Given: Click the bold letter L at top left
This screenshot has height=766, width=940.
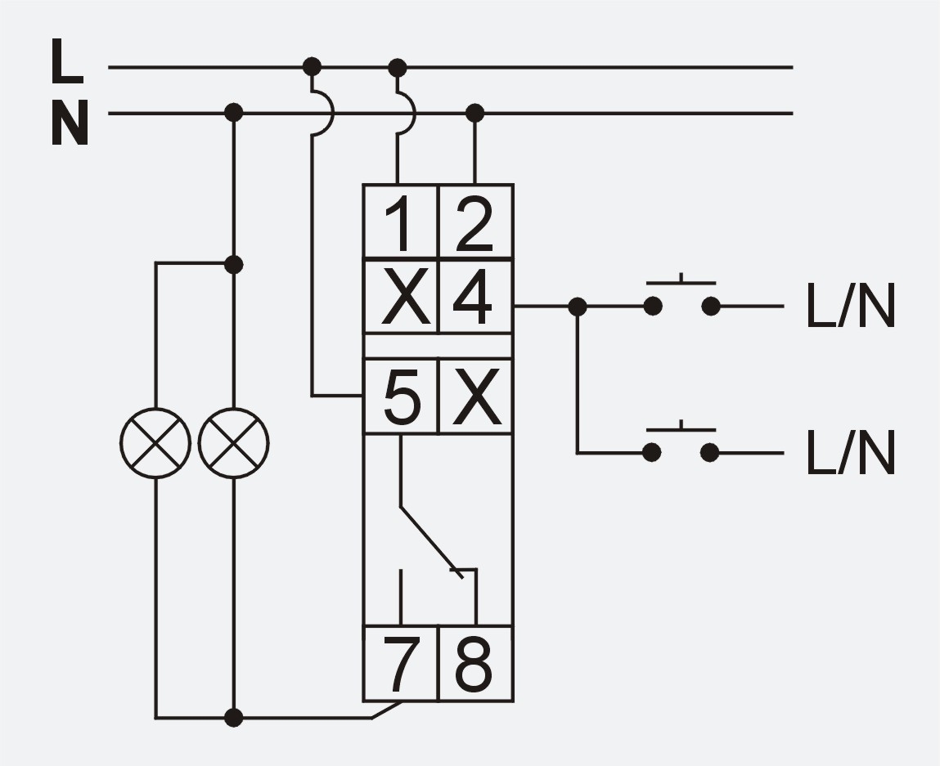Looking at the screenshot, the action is (66, 61).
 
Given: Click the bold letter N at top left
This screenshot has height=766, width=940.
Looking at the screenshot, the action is (70, 123).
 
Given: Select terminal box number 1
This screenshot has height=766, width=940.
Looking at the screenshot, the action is (401, 222).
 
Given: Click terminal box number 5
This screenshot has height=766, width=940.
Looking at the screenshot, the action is (401, 396).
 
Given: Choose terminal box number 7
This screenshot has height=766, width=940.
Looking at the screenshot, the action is (401, 664).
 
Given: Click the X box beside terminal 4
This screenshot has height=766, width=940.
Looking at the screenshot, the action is (401, 297).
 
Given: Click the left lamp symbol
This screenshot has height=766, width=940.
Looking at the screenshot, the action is (155, 444).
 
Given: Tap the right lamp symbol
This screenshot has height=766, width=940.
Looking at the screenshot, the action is (234, 444).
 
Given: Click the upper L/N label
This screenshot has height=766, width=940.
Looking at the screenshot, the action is (851, 306).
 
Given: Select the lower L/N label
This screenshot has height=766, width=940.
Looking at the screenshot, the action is (851, 453).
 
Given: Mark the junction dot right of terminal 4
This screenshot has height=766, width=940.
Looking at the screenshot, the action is (578, 307).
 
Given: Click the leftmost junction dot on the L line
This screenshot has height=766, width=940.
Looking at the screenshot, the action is (312, 66).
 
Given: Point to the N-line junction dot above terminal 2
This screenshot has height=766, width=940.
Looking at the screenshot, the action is (474, 113).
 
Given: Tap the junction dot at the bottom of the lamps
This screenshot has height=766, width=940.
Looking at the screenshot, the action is (234, 717).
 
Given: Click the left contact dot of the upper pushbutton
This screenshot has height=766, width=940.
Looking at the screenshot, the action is (653, 307).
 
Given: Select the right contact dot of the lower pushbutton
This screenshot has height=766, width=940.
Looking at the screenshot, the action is (710, 453).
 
